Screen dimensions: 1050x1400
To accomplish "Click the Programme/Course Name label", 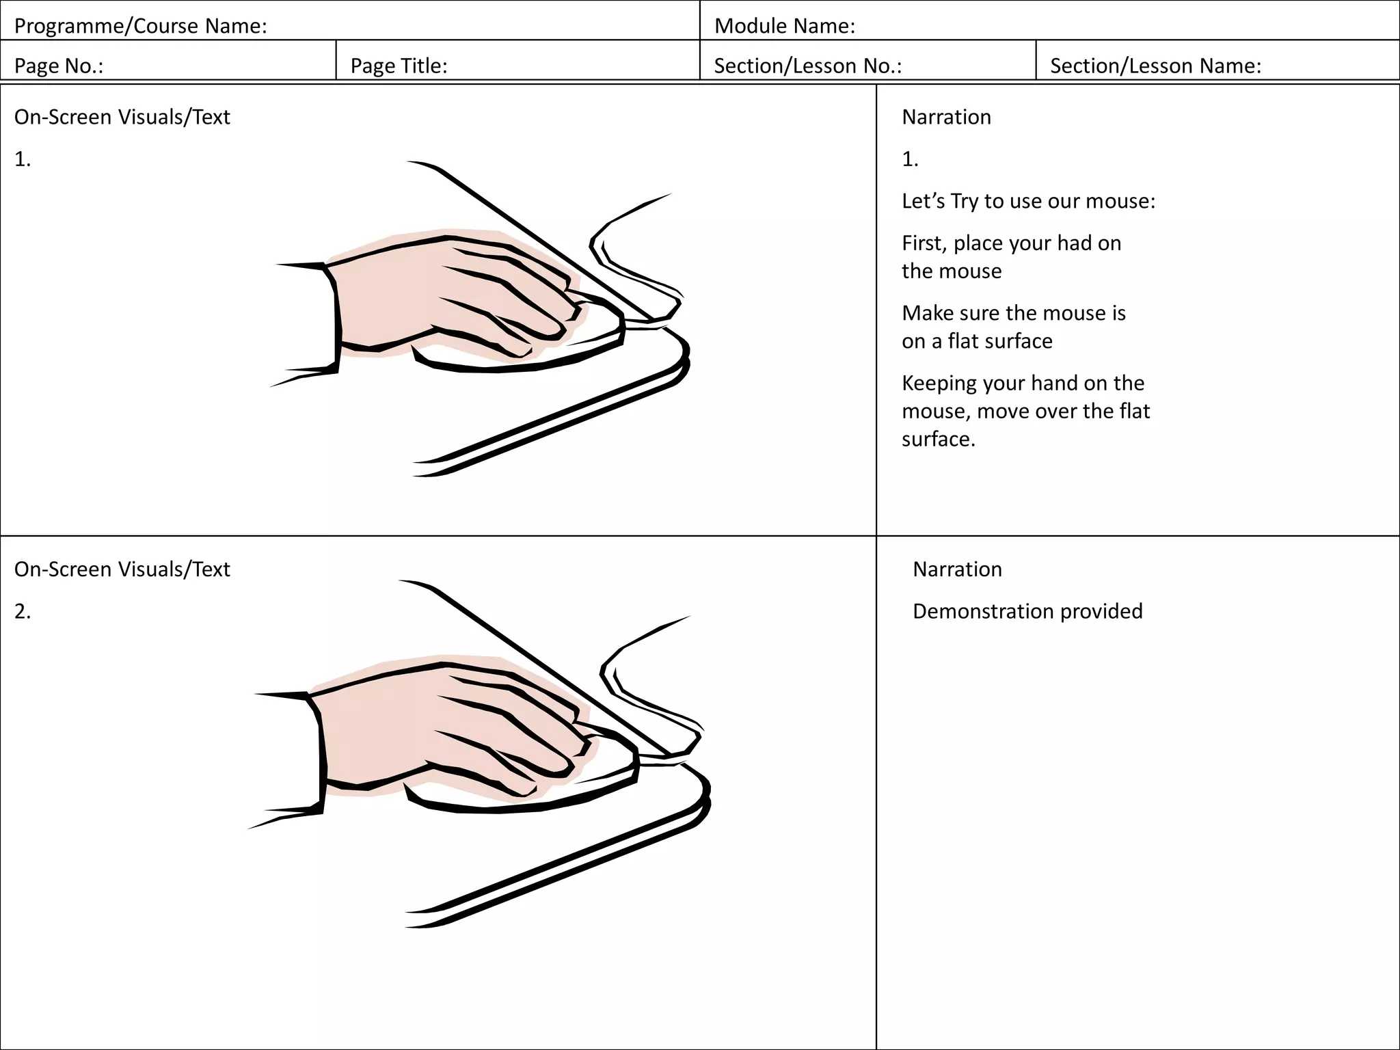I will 140,26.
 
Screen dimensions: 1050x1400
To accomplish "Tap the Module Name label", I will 784,26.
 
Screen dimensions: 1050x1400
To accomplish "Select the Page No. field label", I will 59,66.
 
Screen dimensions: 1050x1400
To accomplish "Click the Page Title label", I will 399,66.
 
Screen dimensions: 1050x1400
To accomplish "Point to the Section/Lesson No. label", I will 807,66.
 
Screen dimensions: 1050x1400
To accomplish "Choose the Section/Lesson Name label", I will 1155,66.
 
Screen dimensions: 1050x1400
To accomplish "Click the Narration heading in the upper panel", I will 946,117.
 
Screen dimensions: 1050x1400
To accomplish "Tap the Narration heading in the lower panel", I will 957,569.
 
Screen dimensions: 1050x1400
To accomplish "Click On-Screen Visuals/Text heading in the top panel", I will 122,117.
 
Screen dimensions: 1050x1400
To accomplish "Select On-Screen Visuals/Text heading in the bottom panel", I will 122,569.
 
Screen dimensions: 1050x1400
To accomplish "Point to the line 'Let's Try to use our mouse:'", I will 1028,201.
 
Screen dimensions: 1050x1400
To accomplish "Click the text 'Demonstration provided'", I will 1027,610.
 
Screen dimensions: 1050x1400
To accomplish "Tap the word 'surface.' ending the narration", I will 938,439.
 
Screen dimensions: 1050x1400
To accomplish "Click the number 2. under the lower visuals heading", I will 23,610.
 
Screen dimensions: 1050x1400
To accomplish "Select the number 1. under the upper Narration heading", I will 910,159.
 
